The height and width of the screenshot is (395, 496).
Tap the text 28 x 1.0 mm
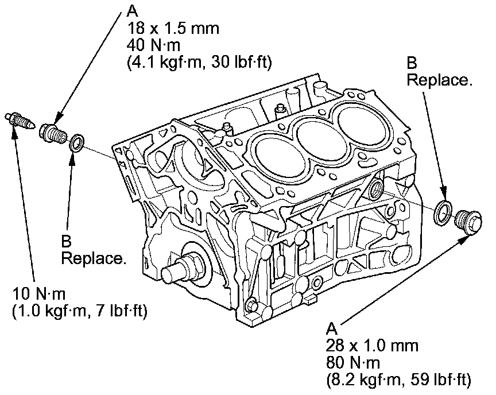click(x=371, y=346)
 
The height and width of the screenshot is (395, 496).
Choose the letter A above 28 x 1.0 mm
click(x=330, y=329)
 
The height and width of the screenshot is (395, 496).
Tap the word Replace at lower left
click(x=93, y=258)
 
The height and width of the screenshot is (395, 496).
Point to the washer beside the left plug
click(x=75, y=143)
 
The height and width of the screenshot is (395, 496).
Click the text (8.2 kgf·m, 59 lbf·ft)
click(x=398, y=379)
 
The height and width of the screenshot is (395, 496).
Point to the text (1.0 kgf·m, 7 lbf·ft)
click(x=79, y=312)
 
